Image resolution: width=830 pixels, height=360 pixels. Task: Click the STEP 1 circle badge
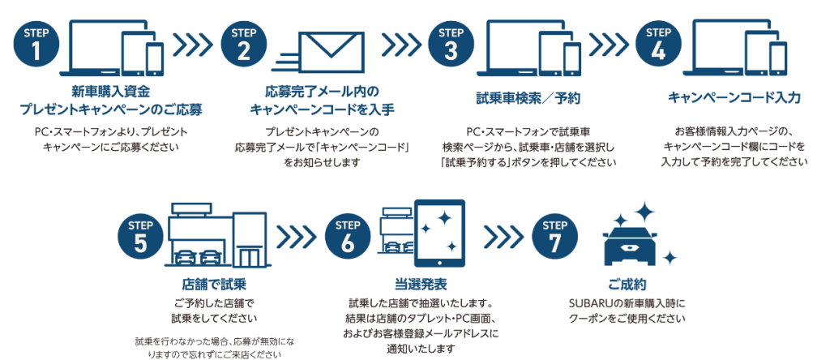[x=36, y=45]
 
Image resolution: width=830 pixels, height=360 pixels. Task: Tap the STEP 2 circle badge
[x=244, y=45]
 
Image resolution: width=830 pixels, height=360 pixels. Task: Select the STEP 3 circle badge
[x=452, y=45]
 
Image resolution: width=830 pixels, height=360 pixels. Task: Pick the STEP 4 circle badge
[x=659, y=45]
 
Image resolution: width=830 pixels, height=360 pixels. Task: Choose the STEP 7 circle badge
[x=555, y=237]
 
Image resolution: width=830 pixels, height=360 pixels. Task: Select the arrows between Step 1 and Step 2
[x=192, y=46]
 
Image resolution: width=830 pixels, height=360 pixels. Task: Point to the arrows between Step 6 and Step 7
[x=503, y=237]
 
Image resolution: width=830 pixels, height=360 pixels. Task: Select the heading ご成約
[x=627, y=285]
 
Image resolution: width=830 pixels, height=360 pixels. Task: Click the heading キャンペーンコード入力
[x=734, y=97]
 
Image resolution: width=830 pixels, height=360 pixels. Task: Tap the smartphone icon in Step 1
[x=155, y=58]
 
